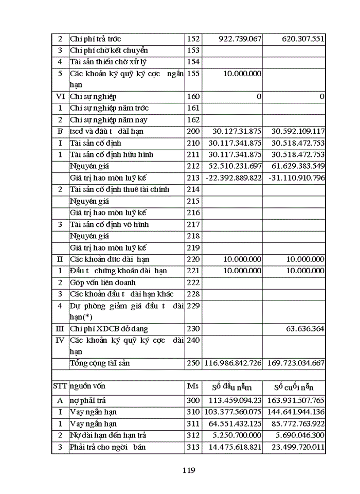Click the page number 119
(x=188, y=470)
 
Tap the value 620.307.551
(x=296, y=39)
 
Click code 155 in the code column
(x=193, y=74)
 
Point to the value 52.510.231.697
(x=233, y=166)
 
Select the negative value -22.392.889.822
(x=233, y=178)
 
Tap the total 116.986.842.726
(x=233, y=363)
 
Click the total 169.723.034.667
(x=294, y=363)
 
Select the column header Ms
(x=192, y=386)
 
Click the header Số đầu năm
(x=233, y=387)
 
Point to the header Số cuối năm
(x=294, y=387)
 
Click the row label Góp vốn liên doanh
(x=103, y=283)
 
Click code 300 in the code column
(x=193, y=400)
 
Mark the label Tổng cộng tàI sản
(x=100, y=363)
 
